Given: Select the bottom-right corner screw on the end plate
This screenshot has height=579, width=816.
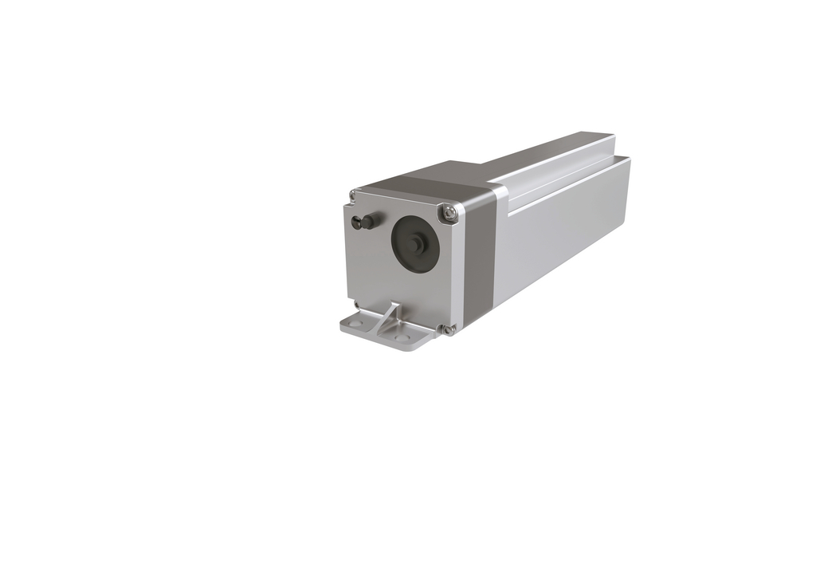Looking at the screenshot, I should (449, 329).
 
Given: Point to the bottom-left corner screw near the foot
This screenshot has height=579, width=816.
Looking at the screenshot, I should (355, 304).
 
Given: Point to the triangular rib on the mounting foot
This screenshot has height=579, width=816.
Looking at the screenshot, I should (390, 315).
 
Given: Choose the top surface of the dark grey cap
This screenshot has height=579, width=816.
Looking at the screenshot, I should (446, 179).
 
